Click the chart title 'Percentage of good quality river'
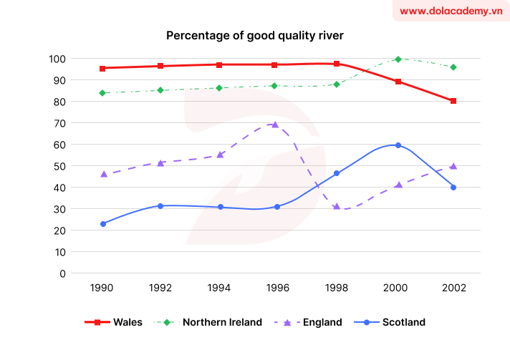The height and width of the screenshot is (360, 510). point(255,35)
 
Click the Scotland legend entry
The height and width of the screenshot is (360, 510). point(393,322)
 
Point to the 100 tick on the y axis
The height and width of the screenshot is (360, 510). point(57,59)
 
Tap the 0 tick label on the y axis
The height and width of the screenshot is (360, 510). point(63,273)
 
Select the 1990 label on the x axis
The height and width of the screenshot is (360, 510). point(102,288)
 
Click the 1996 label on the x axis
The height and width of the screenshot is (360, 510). point(277,288)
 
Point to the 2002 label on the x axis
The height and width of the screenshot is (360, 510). point(453,288)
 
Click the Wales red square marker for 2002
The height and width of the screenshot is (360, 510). point(453,101)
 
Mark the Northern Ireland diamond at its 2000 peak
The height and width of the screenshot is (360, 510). point(398,59)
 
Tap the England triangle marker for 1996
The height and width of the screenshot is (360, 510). point(274,125)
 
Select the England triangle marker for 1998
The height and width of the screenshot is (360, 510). point(337,207)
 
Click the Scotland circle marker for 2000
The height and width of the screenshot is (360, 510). point(398,145)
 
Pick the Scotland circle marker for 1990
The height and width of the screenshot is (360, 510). point(102,224)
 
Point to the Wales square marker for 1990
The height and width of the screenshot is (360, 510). point(102,69)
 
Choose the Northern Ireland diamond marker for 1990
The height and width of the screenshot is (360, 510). point(102,93)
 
